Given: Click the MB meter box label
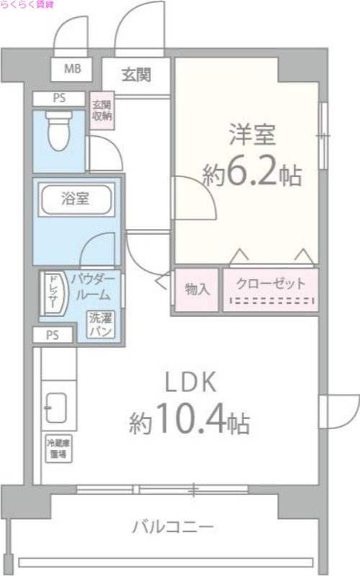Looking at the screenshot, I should tap(73, 70).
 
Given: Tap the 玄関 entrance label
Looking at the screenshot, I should tap(135, 73).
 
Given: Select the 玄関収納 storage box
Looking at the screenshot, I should tap(102, 111).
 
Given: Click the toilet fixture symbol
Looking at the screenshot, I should tap(55, 130).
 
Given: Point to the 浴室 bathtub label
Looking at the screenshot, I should tap(76, 199).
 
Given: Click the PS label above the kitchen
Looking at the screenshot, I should tap(53, 335).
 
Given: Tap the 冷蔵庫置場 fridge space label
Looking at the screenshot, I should tap(58, 449).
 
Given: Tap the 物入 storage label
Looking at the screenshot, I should tap(197, 289).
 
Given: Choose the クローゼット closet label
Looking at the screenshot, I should tap(271, 283).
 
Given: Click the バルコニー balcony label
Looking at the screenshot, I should tap(173, 527).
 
